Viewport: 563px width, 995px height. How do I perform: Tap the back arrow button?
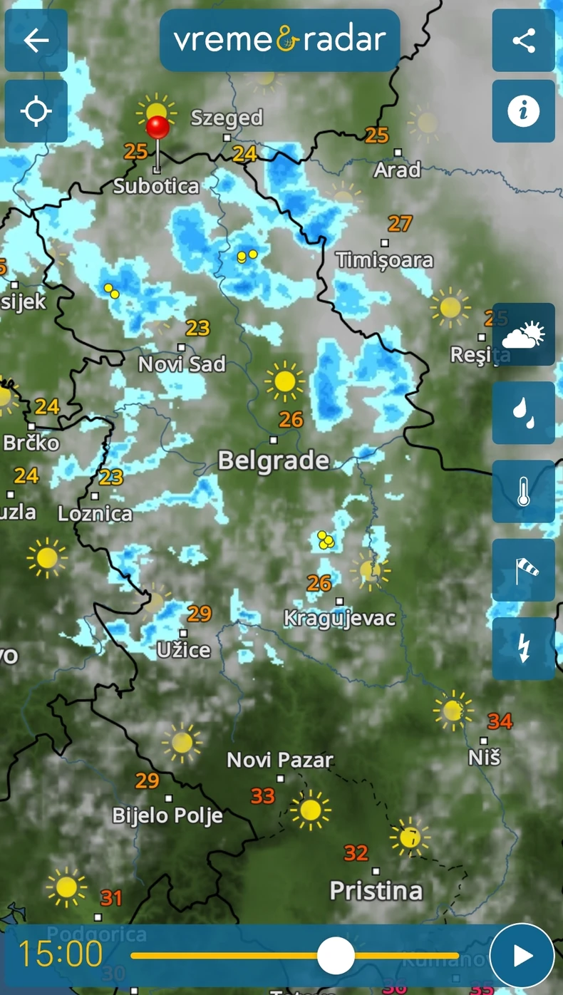36,41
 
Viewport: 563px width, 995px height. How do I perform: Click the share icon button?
524,41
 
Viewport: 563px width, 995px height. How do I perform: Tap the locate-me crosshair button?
36,112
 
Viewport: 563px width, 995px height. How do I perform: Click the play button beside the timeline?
522,956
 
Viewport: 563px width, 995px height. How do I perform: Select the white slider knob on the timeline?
336,956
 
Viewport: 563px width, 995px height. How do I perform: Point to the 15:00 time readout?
61,954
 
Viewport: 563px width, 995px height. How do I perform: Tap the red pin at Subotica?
157,129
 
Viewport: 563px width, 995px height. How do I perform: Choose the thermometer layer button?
524,491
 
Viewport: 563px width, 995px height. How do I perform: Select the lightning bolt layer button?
524,649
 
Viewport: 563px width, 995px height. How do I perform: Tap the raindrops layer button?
524,413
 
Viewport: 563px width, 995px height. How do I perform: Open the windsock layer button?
524,570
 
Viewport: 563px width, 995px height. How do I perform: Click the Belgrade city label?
274,460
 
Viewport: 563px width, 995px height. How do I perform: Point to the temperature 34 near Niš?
500,721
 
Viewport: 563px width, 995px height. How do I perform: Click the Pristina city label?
376,890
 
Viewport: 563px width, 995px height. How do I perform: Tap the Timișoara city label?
384,259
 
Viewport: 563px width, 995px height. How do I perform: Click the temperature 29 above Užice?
200,613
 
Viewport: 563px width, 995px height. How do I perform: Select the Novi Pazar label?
279,760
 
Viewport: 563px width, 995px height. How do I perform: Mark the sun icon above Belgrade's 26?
284,381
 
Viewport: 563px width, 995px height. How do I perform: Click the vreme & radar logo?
279,41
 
